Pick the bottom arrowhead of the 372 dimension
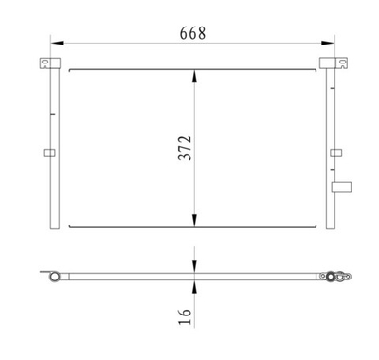pos(195,223)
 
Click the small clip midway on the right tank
pos(334,152)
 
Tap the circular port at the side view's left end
pos(56,278)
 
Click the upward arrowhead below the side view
pos(195,287)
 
